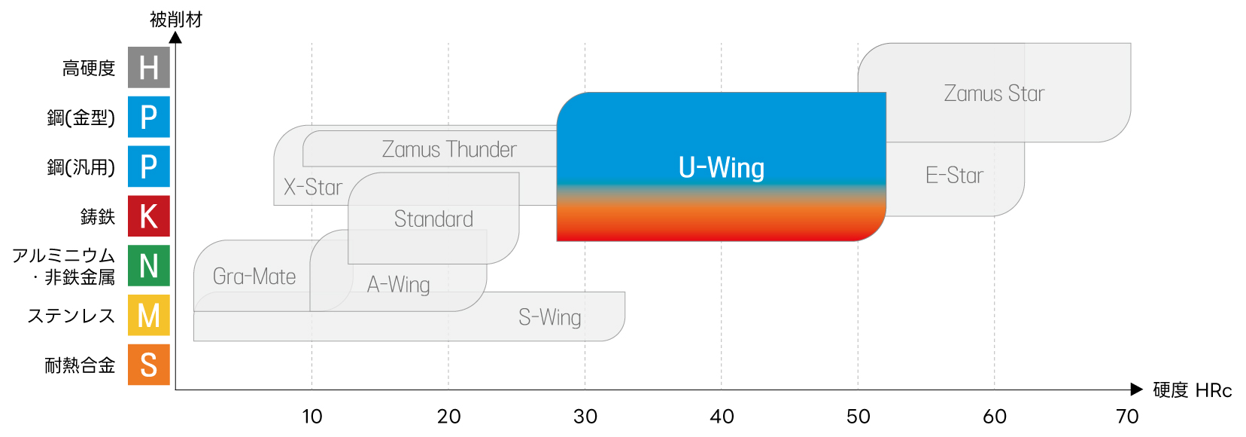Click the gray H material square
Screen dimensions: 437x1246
click(x=148, y=68)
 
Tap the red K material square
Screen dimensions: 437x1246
click(x=148, y=216)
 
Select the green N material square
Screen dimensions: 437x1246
click(x=148, y=266)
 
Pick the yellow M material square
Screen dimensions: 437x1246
click(x=148, y=315)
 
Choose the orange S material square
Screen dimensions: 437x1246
click(x=148, y=365)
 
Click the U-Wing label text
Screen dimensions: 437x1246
click(x=721, y=168)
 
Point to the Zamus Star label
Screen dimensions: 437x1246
click(x=994, y=93)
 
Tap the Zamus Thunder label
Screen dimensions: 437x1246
click(x=449, y=149)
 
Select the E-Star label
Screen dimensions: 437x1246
click(x=954, y=176)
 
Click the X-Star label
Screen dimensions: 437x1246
click(x=312, y=187)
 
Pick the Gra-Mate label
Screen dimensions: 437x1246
click(x=254, y=277)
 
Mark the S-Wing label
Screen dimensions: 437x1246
click(x=549, y=317)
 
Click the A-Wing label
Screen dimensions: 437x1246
click(x=398, y=285)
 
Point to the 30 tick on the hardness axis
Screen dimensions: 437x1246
click(x=585, y=416)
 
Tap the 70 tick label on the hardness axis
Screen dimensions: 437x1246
click(x=1127, y=416)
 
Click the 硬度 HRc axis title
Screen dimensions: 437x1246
click(x=1192, y=390)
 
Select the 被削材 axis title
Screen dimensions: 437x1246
click(x=176, y=19)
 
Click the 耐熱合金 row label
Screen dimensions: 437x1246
click(x=80, y=365)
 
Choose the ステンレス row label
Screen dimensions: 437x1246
click(x=71, y=316)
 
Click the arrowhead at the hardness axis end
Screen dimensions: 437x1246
click(x=1136, y=390)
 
